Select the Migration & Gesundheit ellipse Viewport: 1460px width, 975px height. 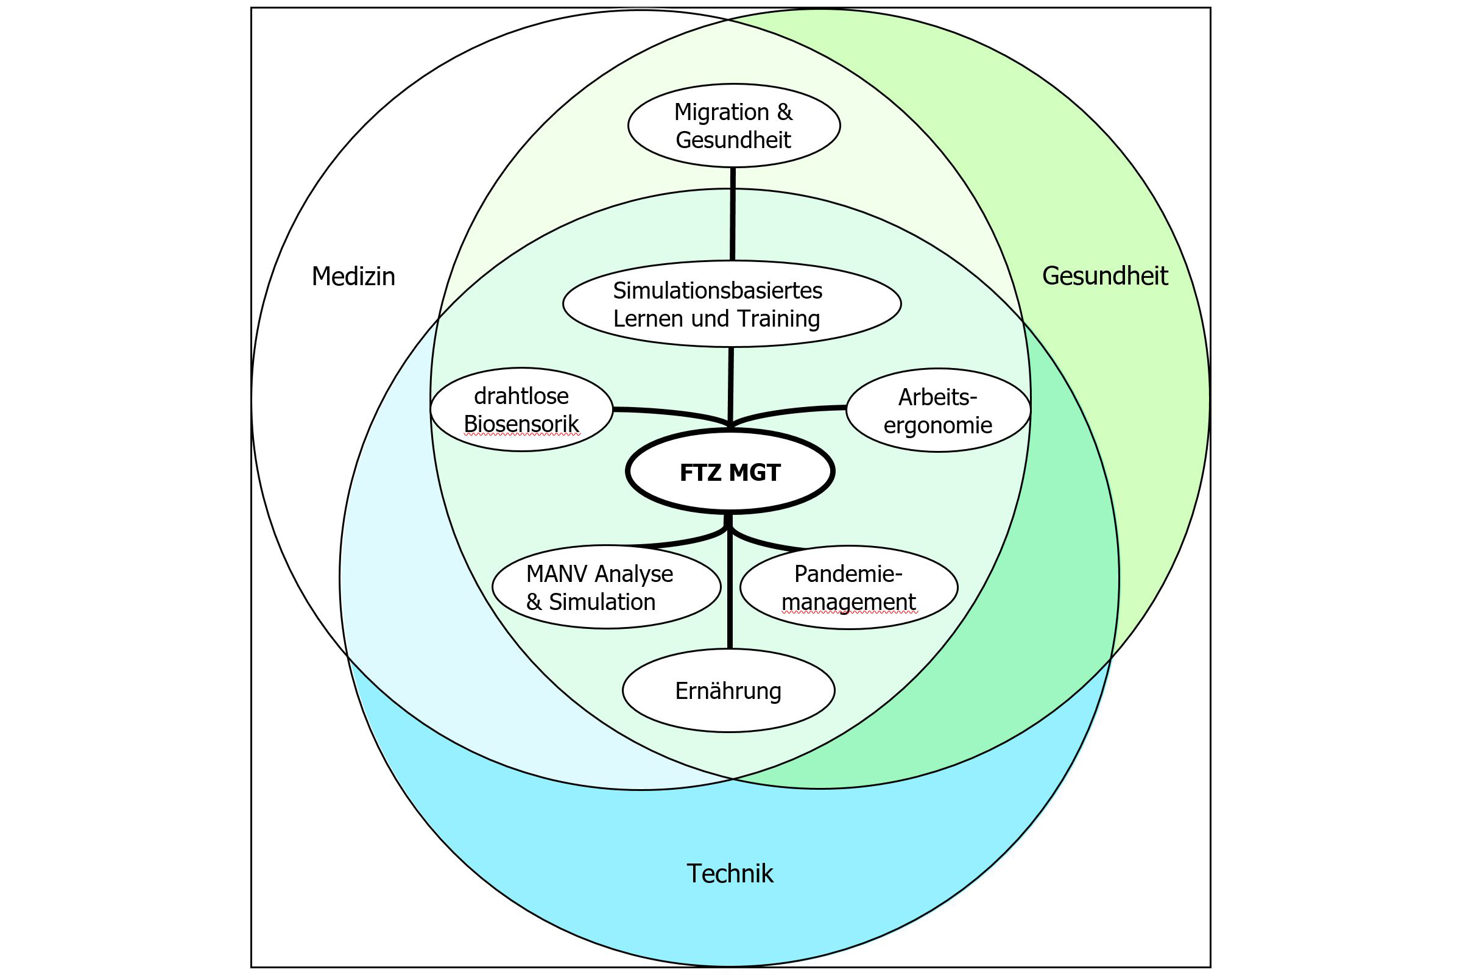pyautogui.click(x=733, y=125)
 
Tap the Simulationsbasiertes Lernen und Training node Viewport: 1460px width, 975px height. pyautogui.click(x=732, y=303)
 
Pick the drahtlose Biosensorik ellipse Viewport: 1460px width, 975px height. pyautogui.click(x=521, y=409)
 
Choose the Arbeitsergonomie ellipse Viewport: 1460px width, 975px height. pyautogui.click(x=938, y=410)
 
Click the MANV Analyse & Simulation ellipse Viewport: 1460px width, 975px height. pyautogui.click(x=606, y=587)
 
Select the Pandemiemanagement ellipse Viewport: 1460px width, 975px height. pyautogui.click(x=848, y=587)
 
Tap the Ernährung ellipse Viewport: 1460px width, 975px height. pyautogui.click(x=728, y=690)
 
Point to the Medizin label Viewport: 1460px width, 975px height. pyautogui.click(x=353, y=277)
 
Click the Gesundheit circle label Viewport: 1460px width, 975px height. pyautogui.click(x=1104, y=276)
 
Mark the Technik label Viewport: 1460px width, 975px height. pyautogui.click(x=730, y=874)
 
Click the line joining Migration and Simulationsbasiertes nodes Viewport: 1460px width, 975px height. pyautogui.click(x=732, y=214)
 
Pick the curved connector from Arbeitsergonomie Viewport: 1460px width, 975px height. pyautogui.click(x=789, y=413)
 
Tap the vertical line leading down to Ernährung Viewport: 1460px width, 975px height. pyautogui.click(x=730, y=597)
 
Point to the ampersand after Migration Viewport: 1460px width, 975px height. pyautogui.click(x=784, y=112)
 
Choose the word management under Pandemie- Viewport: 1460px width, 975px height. pyautogui.click(x=848, y=602)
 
